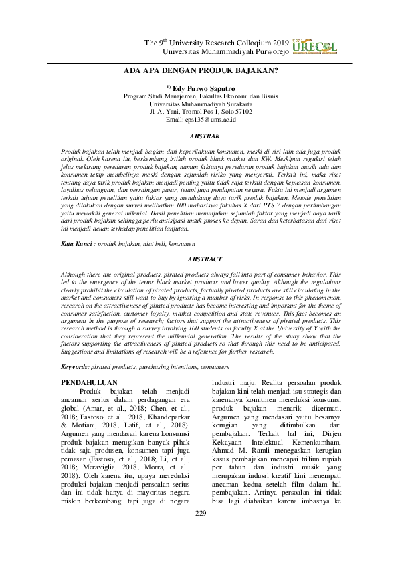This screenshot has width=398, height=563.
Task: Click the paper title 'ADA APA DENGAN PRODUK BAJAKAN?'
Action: (x=199, y=70)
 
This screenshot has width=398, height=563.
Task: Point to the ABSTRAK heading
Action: (x=199, y=136)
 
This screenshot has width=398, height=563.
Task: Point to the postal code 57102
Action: (x=240, y=112)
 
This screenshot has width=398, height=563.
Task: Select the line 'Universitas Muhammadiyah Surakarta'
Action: (x=200, y=104)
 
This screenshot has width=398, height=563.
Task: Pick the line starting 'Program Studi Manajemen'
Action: (x=200, y=96)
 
